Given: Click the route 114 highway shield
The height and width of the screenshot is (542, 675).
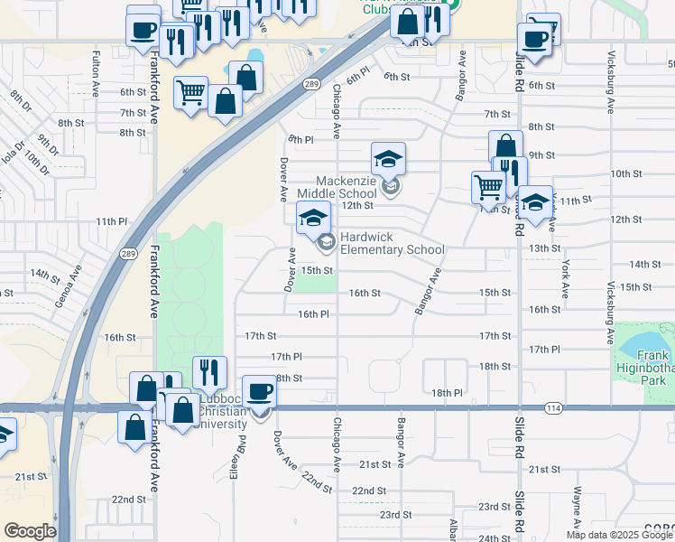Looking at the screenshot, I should (x=553, y=409).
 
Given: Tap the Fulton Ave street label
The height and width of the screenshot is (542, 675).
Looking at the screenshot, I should (x=96, y=68).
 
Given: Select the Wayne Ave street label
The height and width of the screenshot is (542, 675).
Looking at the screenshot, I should (x=577, y=507).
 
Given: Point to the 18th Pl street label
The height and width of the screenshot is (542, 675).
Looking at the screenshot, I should (x=446, y=393).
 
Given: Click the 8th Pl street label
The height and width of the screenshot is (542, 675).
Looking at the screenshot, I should (x=301, y=140).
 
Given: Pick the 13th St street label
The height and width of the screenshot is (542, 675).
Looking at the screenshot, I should (x=544, y=248).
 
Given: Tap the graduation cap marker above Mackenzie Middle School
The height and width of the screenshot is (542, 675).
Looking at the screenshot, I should (x=388, y=160).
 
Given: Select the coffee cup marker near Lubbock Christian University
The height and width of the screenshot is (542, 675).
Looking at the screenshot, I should (x=259, y=392).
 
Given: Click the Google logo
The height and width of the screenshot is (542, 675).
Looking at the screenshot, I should (x=30, y=531).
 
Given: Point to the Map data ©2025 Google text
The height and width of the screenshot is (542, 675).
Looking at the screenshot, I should (x=618, y=535).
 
